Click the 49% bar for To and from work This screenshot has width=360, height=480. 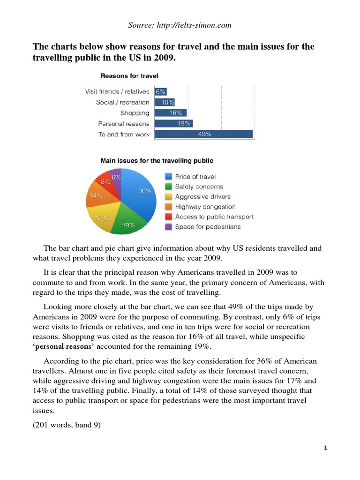pyautogui.click(x=203, y=135)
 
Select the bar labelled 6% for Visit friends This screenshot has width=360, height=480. pyautogui.click(x=160, y=92)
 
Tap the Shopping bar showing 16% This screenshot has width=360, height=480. pyautogui.click(x=170, y=113)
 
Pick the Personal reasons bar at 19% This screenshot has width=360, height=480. pyautogui.click(x=173, y=124)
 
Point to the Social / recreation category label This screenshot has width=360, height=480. pyautogui.click(x=123, y=102)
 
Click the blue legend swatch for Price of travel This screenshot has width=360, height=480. pyautogui.click(x=168, y=177)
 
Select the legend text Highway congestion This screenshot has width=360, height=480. pyautogui.click(x=205, y=207)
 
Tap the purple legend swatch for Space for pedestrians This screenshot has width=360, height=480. pyautogui.click(x=168, y=227)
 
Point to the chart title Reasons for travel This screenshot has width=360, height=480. pyautogui.click(x=129, y=75)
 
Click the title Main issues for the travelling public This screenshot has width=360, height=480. pyautogui.click(x=157, y=160)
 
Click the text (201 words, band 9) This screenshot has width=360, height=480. pyautogui.click(x=67, y=427)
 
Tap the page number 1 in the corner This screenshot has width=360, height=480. pyautogui.click(x=325, y=448)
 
